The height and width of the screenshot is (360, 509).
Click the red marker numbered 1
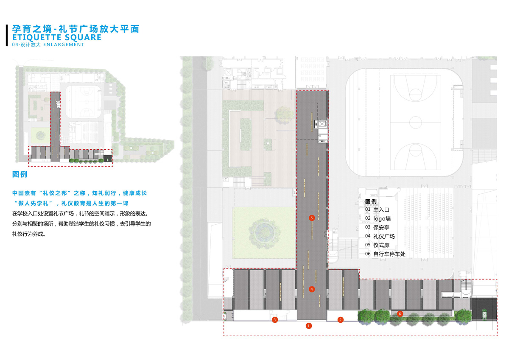click(309, 326)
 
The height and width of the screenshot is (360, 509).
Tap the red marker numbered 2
click(340, 320)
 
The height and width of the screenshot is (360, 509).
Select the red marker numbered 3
click(275, 320)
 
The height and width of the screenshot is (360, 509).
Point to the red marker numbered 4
click(312, 289)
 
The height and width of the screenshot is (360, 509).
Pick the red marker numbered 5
click(312, 218)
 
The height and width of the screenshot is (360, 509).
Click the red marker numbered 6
click(400, 314)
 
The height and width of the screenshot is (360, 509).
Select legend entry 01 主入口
click(377, 209)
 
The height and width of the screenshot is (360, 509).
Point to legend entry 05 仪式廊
click(377, 245)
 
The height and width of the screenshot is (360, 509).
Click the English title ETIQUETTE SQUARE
click(57, 38)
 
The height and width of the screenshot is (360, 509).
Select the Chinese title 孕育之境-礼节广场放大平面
click(76, 29)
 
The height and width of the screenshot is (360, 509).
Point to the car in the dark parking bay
click(484, 313)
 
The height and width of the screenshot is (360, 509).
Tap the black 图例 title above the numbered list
click(371, 201)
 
